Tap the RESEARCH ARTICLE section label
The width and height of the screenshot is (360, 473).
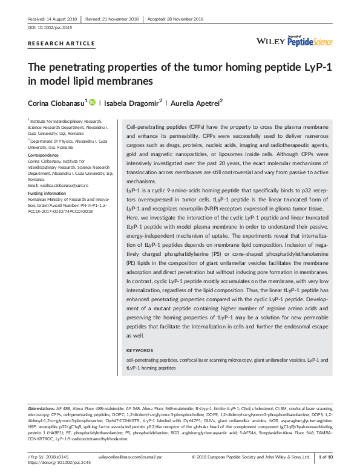[x=61, y=44]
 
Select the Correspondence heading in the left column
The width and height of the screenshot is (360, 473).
[x=43, y=155]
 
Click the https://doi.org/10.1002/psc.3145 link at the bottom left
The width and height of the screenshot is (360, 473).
[x=59, y=463]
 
